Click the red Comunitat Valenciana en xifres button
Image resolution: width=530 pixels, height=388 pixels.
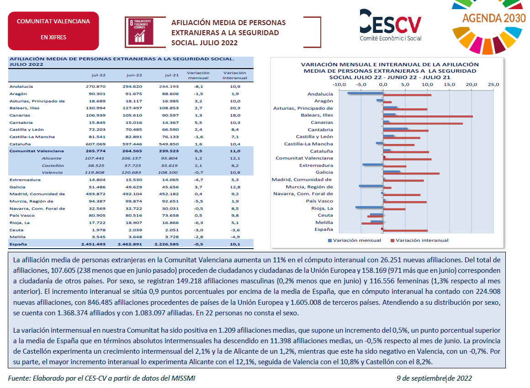pyautogui.click(x=53, y=31)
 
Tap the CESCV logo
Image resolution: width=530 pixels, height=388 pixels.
pyautogui.click(x=390, y=25)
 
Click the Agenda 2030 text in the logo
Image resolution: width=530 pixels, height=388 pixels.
pyautogui.click(x=494, y=18)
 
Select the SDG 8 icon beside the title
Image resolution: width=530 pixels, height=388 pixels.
pyautogui.click(x=141, y=32)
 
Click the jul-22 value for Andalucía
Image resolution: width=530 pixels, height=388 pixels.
pyautogui.click(x=95, y=86)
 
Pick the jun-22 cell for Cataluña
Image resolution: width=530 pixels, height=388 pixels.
pyautogui.click(x=132, y=144)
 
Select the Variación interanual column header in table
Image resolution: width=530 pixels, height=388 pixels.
pyautogui.click(x=235, y=75)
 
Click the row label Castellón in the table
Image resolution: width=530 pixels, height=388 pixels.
pyautogui.click(x=53, y=165)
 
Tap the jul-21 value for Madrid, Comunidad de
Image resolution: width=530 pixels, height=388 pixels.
pyautogui.click(x=169, y=194)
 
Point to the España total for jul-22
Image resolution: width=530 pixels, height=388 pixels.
pyautogui.click(x=93, y=244)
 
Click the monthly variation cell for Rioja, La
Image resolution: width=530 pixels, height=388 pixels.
pyautogui.click(x=198, y=223)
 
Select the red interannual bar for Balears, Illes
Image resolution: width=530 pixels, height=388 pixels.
pyautogui.click(x=428, y=117)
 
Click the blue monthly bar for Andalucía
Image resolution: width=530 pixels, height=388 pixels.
pyautogui.click(x=365, y=93)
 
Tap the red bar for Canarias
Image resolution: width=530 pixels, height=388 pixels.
pyautogui.click(x=423, y=124)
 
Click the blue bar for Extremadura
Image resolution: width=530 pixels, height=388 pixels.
pyautogui.click(x=372, y=165)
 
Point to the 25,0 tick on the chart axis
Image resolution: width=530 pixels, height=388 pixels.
pyautogui.click(x=493, y=85)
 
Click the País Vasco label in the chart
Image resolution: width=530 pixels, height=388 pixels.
pyautogui.click(x=319, y=201)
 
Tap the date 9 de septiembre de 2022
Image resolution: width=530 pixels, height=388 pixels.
pyautogui.click(x=434, y=378)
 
